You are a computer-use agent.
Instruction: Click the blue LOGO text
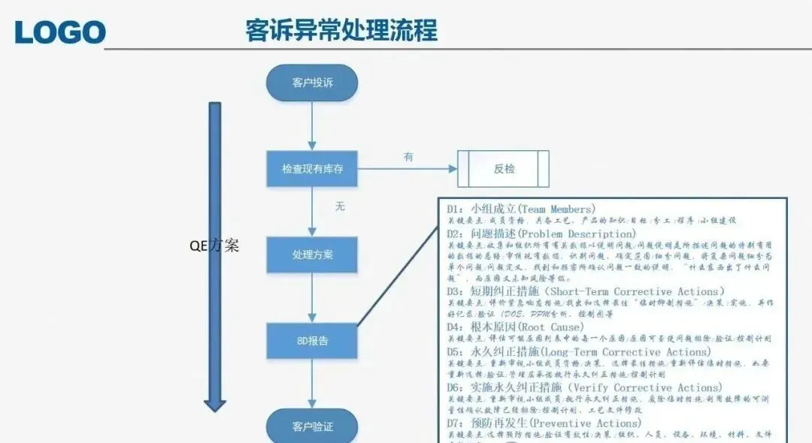point(60,32)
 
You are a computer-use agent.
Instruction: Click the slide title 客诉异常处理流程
point(341,31)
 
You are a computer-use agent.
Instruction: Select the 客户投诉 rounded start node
point(312,83)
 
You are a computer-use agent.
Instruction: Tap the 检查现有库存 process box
point(312,169)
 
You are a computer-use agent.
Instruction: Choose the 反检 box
point(504,169)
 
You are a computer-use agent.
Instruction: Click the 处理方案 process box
point(312,255)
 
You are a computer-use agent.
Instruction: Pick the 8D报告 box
point(312,341)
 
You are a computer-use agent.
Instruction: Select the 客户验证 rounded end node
point(312,426)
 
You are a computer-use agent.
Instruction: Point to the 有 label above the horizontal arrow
point(408,157)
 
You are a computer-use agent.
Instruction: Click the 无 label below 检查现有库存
point(340,206)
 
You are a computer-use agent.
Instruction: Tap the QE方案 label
point(215,245)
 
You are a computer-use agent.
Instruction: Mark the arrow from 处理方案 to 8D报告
point(312,298)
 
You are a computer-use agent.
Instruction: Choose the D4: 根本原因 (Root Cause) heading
point(515,327)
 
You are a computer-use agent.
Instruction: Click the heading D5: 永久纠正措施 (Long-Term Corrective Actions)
point(578,351)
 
